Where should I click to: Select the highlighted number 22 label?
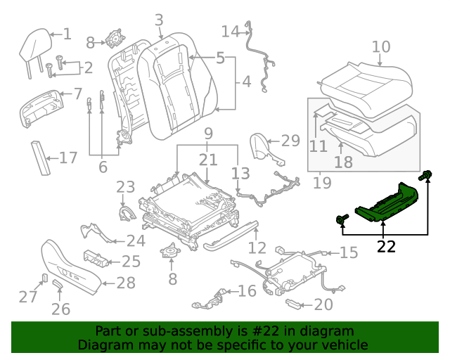(x=386, y=246)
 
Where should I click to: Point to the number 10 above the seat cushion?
(x=380, y=47)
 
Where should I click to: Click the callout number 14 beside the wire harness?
(x=230, y=32)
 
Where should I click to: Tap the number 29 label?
(x=290, y=141)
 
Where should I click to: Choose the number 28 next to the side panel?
(x=125, y=283)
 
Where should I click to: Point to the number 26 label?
(x=61, y=309)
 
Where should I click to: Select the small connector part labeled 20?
(x=292, y=303)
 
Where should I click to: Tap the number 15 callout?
(x=348, y=252)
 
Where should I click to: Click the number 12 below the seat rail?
(x=257, y=247)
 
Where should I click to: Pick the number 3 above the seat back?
(x=159, y=20)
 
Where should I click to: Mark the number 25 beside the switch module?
(x=131, y=262)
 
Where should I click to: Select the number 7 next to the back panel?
(x=77, y=93)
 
